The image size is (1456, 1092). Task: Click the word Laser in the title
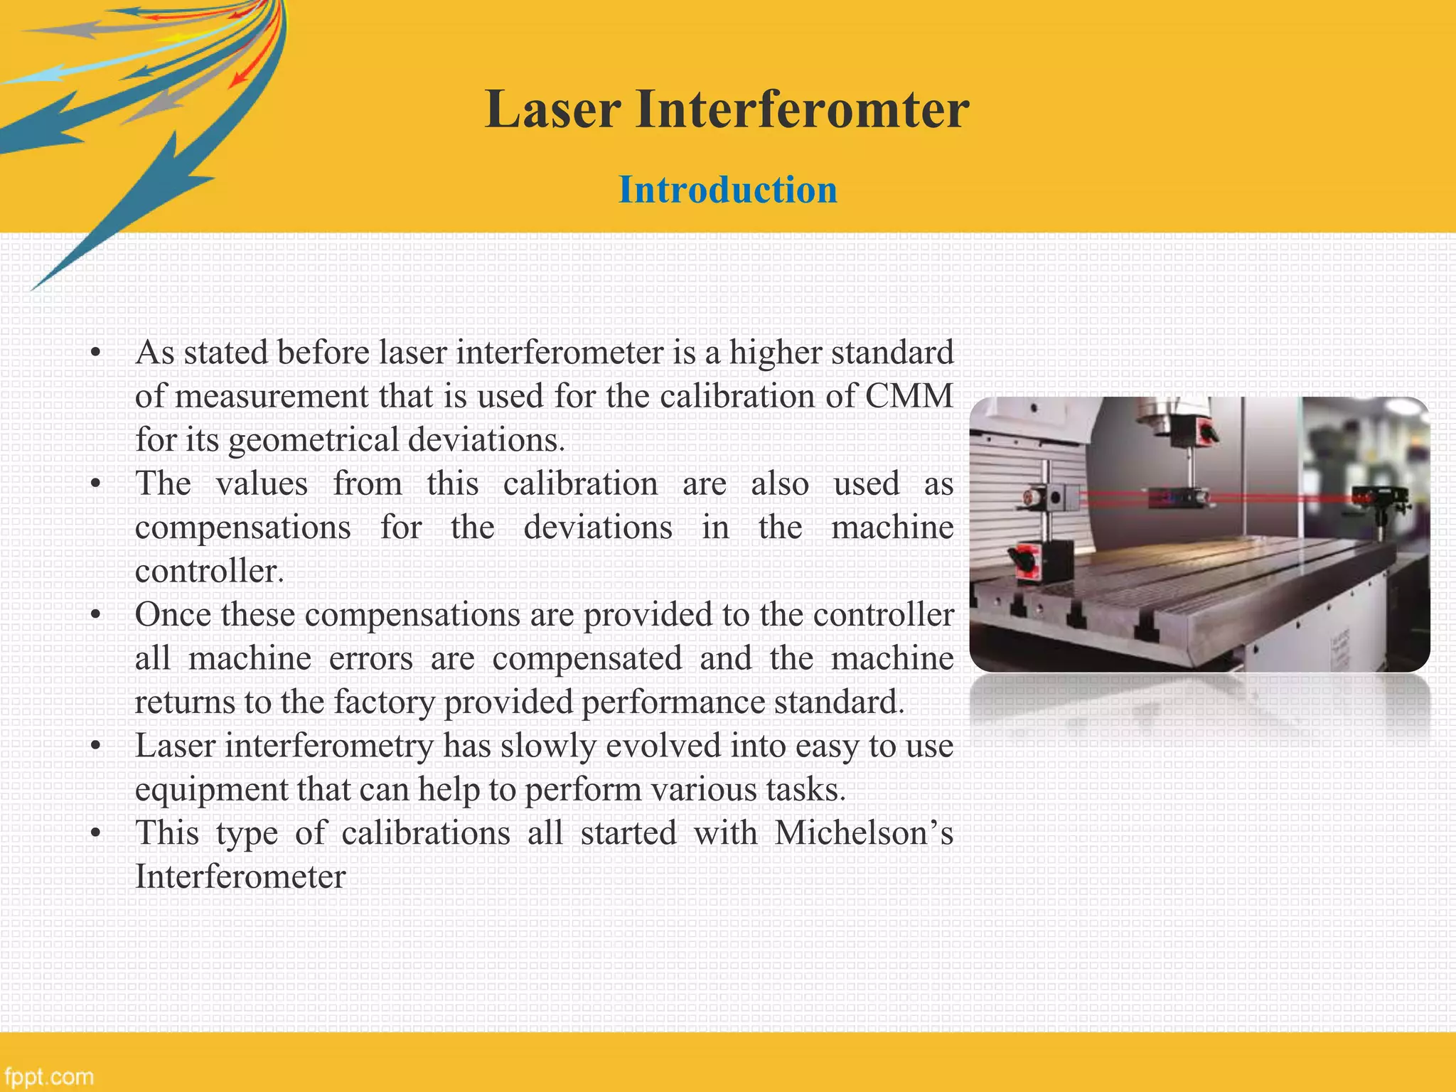[x=553, y=110]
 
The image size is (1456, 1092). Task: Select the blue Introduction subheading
[x=727, y=190]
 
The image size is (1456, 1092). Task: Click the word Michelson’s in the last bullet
[x=863, y=833]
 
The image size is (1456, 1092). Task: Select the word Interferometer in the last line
[x=240, y=877]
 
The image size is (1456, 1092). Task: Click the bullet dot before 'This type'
[x=96, y=833]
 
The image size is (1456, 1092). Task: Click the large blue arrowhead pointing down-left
[x=114, y=227]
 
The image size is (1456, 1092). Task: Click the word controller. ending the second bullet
[x=210, y=572]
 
